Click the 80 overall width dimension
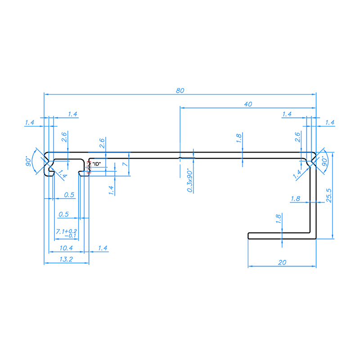click(180, 90)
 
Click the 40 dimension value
click(247, 104)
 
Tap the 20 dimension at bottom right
click(282, 262)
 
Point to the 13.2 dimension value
click(66, 260)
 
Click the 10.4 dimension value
click(66, 248)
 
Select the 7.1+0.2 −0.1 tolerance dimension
click(66, 233)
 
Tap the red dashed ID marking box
click(89, 167)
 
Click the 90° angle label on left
click(29, 161)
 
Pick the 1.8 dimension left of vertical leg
click(296, 198)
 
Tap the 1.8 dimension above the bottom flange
click(278, 219)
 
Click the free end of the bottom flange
click(249, 235)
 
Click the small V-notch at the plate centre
click(180, 157)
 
